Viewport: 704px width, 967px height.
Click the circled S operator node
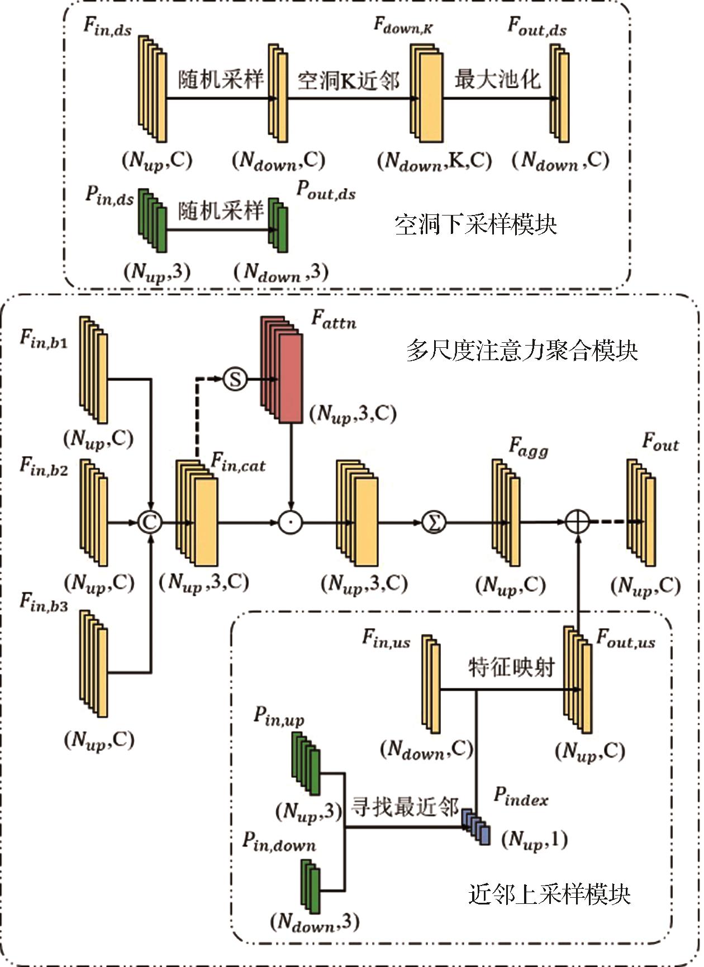[x=235, y=379]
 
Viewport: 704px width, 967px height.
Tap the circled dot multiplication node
[x=290, y=523]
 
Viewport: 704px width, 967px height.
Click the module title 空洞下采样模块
[x=475, y=224]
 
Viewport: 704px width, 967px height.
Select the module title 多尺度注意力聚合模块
[x=522, y=351]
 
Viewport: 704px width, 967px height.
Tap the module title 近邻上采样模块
[x=549, y=894]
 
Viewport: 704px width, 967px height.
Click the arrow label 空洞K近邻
[x=348, y=81]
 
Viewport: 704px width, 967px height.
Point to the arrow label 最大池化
[x=497, y=79]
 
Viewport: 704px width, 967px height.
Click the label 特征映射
[x=511, y=667]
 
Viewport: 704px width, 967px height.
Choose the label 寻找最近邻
[x=405, y=807]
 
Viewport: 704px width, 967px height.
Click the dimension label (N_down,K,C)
[x=434, y=161]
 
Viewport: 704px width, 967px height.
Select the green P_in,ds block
[x=153, y=221]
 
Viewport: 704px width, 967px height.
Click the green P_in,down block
[x=310, y=887]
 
